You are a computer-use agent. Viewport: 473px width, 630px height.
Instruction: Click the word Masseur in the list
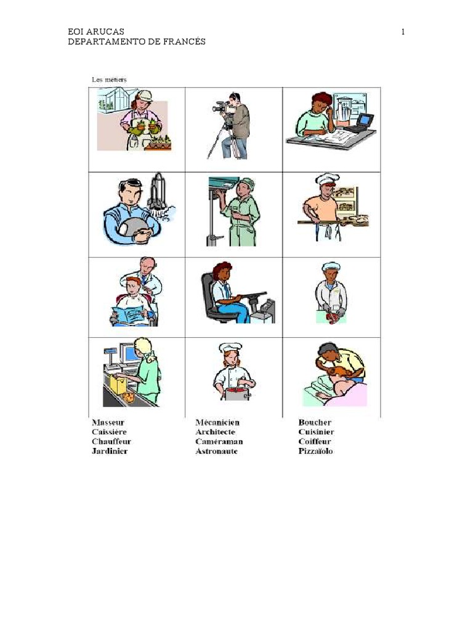coord(108,423)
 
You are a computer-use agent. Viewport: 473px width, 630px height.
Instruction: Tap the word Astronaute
coord(216,451)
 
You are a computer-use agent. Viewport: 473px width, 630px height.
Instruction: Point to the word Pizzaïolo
coord(315,451)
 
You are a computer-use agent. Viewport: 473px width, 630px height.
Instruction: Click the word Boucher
coord(315,423)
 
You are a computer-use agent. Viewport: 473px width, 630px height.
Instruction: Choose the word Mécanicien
coord(217,423)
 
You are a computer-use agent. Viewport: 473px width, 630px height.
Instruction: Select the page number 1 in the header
coord(403,32)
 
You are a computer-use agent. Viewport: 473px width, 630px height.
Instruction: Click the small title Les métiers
coord(109,79)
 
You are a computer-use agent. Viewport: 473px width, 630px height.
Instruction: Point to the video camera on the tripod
coord(221,108)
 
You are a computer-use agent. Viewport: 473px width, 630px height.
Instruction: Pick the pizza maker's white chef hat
coord(326,179)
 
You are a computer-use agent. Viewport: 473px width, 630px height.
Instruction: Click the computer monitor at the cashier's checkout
coord(130,353)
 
